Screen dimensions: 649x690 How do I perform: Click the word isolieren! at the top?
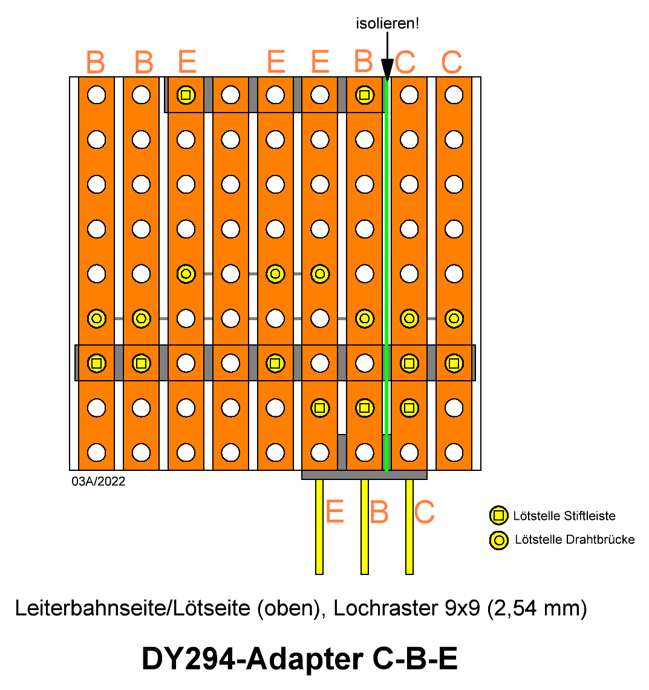click(x=387, y=24)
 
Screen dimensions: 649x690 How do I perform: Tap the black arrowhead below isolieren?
click(x=387, y=70)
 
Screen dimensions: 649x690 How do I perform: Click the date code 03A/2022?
click(x=99, y=481)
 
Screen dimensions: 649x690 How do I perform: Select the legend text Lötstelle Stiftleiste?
click(x=564, y=516)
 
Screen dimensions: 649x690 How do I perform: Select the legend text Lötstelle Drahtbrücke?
click(x=575, y=539)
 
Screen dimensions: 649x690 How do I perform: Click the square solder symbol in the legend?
click(x=498, y=515)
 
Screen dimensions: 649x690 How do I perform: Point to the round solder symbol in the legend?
click(x=498, y=540)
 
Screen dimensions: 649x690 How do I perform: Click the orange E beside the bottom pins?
click(x=335, y=512)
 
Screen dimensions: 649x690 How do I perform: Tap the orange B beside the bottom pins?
click(x=379, y=512)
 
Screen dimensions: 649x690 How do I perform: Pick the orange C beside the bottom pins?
click(x=425, y=512)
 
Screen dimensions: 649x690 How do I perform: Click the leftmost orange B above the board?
click(x=96, y=62)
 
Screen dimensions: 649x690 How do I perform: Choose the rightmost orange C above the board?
click(x=452, y=62)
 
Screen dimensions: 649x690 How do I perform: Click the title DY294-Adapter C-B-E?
click(x=300, y=659)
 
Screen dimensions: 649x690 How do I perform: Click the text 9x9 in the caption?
click(x=462, y=608)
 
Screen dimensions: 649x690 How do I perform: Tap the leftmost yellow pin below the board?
click(x=320, y=527)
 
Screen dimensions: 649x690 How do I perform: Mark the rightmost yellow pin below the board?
click(x=409, y=527)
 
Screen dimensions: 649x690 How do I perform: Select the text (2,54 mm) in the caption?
click(x=537, y=609)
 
